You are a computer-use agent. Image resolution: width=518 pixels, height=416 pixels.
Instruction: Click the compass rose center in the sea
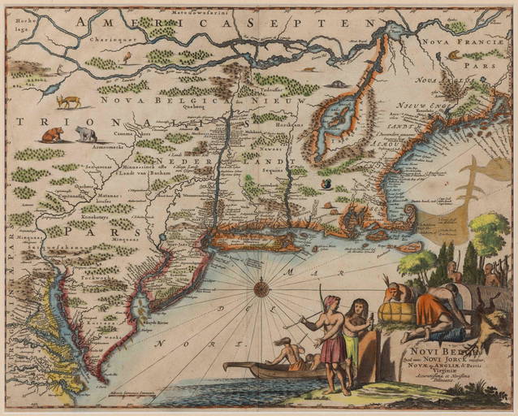click(261, 287)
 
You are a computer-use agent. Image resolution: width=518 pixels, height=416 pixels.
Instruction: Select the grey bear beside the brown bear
click(86, 133)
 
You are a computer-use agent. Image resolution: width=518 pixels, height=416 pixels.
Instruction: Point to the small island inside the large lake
click(333, 127)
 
